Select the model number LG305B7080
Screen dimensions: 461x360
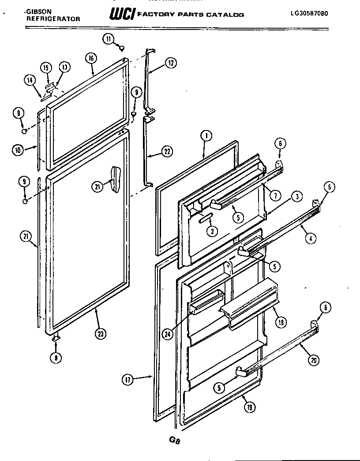[x=309, y=13]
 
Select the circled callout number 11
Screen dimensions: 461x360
[x=109, y=39]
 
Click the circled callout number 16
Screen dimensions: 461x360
[x=90, y=58]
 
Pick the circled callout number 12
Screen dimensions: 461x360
[x=171, y=63]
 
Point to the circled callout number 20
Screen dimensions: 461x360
[x=313, y=361]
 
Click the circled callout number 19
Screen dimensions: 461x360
[x=249, y=408]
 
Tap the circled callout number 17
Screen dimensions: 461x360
[x=128, y=379]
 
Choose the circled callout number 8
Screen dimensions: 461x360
[x=56, y=358]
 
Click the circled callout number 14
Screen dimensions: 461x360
[x=30, y=80]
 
